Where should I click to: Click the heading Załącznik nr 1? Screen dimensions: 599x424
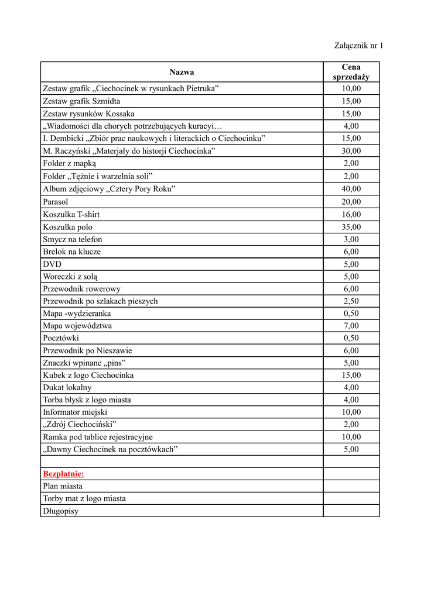point(358,45)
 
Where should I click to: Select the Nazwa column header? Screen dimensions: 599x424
point(182,72)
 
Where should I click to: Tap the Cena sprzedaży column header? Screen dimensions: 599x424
point(351,72)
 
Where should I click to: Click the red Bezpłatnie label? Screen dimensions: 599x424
point(63,474)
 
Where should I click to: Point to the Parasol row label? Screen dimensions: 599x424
point(56,202)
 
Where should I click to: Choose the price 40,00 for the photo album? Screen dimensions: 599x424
point(351,189)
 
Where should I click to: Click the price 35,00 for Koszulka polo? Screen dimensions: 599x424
point(351,227)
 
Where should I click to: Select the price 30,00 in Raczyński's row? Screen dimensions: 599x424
point(351,151)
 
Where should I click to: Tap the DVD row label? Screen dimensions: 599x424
point(52,264)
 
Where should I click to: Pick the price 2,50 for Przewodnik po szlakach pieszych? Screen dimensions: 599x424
point(351,301)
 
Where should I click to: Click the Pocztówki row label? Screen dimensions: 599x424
point(61,338)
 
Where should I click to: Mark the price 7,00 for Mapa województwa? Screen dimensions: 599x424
point(351,326)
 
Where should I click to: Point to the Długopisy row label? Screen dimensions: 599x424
point(61,511)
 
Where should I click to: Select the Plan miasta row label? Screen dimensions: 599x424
point(63,486)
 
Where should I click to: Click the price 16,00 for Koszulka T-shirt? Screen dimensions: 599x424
point(351,215)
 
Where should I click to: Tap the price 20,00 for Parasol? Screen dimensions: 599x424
point(351,202)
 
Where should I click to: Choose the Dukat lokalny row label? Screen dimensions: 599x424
point(67,387)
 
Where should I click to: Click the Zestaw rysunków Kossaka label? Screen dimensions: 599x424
point(88,113)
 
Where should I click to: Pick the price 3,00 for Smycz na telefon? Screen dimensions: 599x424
point(351,239)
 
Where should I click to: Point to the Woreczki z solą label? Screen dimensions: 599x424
point(66,277)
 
